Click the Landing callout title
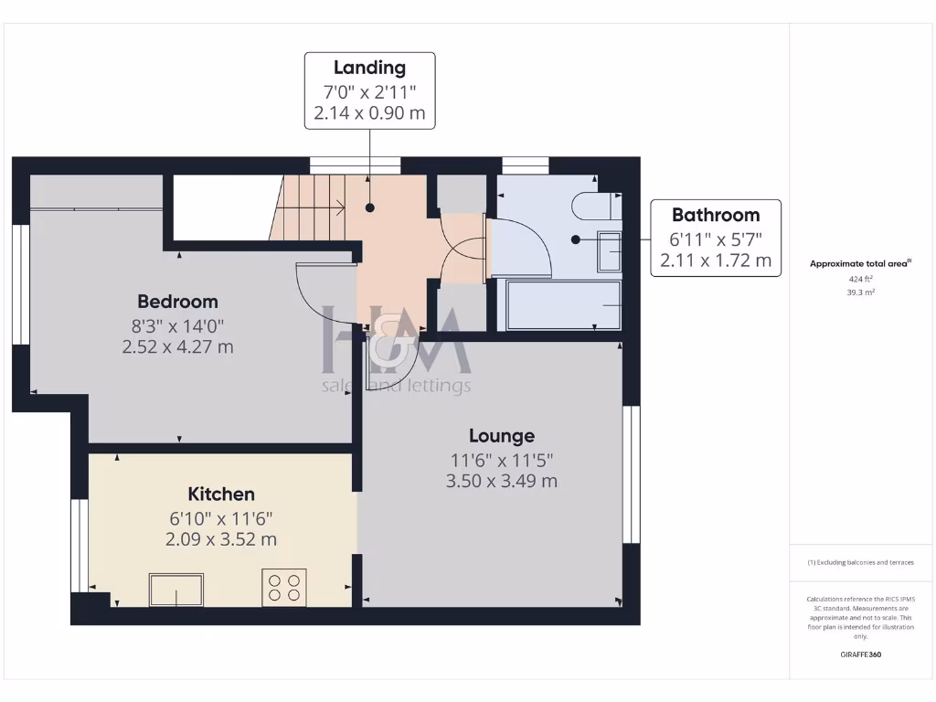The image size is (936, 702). [x=369, y=68]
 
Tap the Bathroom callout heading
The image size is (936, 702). [x=716, y=215]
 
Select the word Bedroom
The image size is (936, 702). [x=177, y=302]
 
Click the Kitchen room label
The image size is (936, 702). [x=221, y=495]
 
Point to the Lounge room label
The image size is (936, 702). [x=502, y=436]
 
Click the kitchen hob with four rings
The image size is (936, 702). [x=284, y=587]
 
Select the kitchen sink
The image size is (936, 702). [x=177, y=590]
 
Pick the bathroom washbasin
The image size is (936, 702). [x=610, y=250]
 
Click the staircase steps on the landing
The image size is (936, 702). [x=311, y=207]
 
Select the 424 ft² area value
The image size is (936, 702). [x=860, y=280]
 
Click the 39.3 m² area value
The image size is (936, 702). [x=860, y=292]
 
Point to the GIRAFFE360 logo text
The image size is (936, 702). [x=860, y=654]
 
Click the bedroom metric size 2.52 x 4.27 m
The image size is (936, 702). [x=177, y=347]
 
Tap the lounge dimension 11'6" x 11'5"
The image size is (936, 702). [x=502, y=460]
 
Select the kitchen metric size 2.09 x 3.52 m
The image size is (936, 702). [x=221, y=539]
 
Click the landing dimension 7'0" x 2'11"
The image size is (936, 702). [x=369, y=91]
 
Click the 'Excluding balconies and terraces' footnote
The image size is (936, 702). [x=860, y=562]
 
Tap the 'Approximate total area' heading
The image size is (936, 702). [x=859, y=263]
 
